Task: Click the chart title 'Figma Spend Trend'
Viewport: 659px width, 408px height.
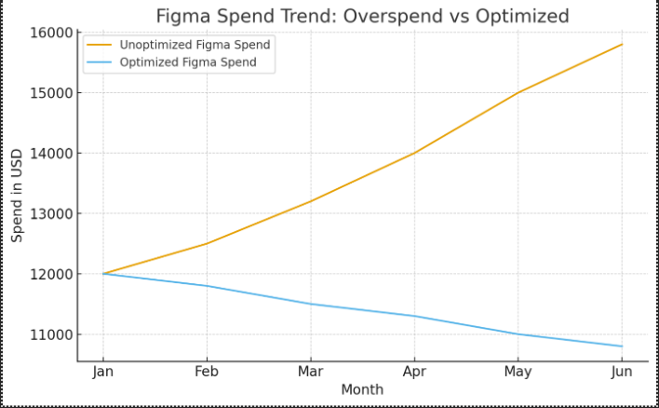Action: (362, 16)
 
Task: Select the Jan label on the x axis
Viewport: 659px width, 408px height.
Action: (103, 372)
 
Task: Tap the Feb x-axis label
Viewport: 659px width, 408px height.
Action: (207, 372)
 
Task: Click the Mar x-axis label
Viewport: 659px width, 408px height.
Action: (311, 372)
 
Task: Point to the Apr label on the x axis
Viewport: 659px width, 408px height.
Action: (414, 372)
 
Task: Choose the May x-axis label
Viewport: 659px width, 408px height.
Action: (518, 372)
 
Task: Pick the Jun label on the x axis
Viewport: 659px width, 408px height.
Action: (622, 372)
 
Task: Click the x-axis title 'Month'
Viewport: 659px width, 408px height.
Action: (362, 390)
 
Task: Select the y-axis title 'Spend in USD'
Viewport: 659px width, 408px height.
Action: (18, 197)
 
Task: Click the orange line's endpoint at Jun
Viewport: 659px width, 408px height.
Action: (622, 45)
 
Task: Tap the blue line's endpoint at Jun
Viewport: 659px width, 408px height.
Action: (622, 347)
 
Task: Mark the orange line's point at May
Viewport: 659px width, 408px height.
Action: (518, 93)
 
